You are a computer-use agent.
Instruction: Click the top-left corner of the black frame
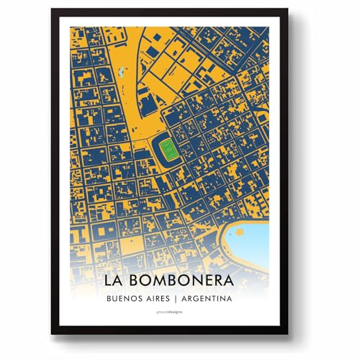coord(52,10)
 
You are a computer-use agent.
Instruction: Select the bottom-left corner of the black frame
coord(52,333)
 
